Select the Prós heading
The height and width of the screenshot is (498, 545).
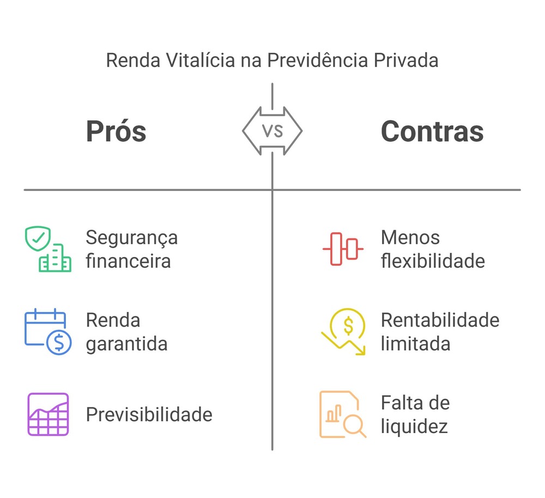116,131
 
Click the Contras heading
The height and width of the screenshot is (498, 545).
432,131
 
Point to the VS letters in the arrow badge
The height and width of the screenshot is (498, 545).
272,131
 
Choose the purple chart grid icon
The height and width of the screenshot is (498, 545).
48,414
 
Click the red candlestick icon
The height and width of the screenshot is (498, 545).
343,249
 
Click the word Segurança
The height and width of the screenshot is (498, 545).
132,238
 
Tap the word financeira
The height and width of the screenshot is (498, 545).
128,261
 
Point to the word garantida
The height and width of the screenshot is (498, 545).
126,344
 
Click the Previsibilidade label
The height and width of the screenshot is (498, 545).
149,415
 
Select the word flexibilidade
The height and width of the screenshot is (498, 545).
433,261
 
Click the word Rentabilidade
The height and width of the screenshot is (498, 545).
440,320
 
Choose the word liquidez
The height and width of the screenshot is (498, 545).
414,426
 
